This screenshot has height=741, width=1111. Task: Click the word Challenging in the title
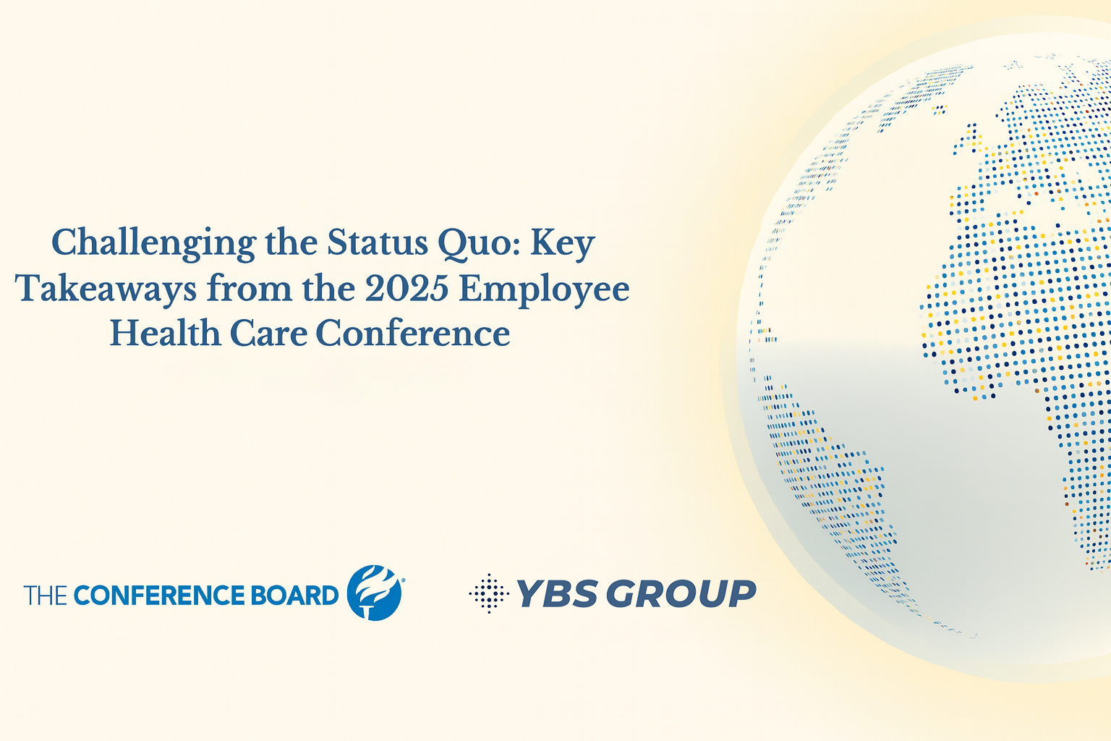154,244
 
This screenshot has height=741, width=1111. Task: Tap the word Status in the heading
377,242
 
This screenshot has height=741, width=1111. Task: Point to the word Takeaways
106,288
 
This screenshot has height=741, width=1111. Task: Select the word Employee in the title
544,289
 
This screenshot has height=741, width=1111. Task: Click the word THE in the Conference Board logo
45,595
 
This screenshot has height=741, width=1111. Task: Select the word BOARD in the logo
294,595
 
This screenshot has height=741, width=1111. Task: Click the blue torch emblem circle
374,593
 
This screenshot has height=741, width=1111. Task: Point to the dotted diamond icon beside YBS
489,593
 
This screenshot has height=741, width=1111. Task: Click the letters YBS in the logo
557,593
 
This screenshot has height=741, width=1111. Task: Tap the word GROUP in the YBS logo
681,593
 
